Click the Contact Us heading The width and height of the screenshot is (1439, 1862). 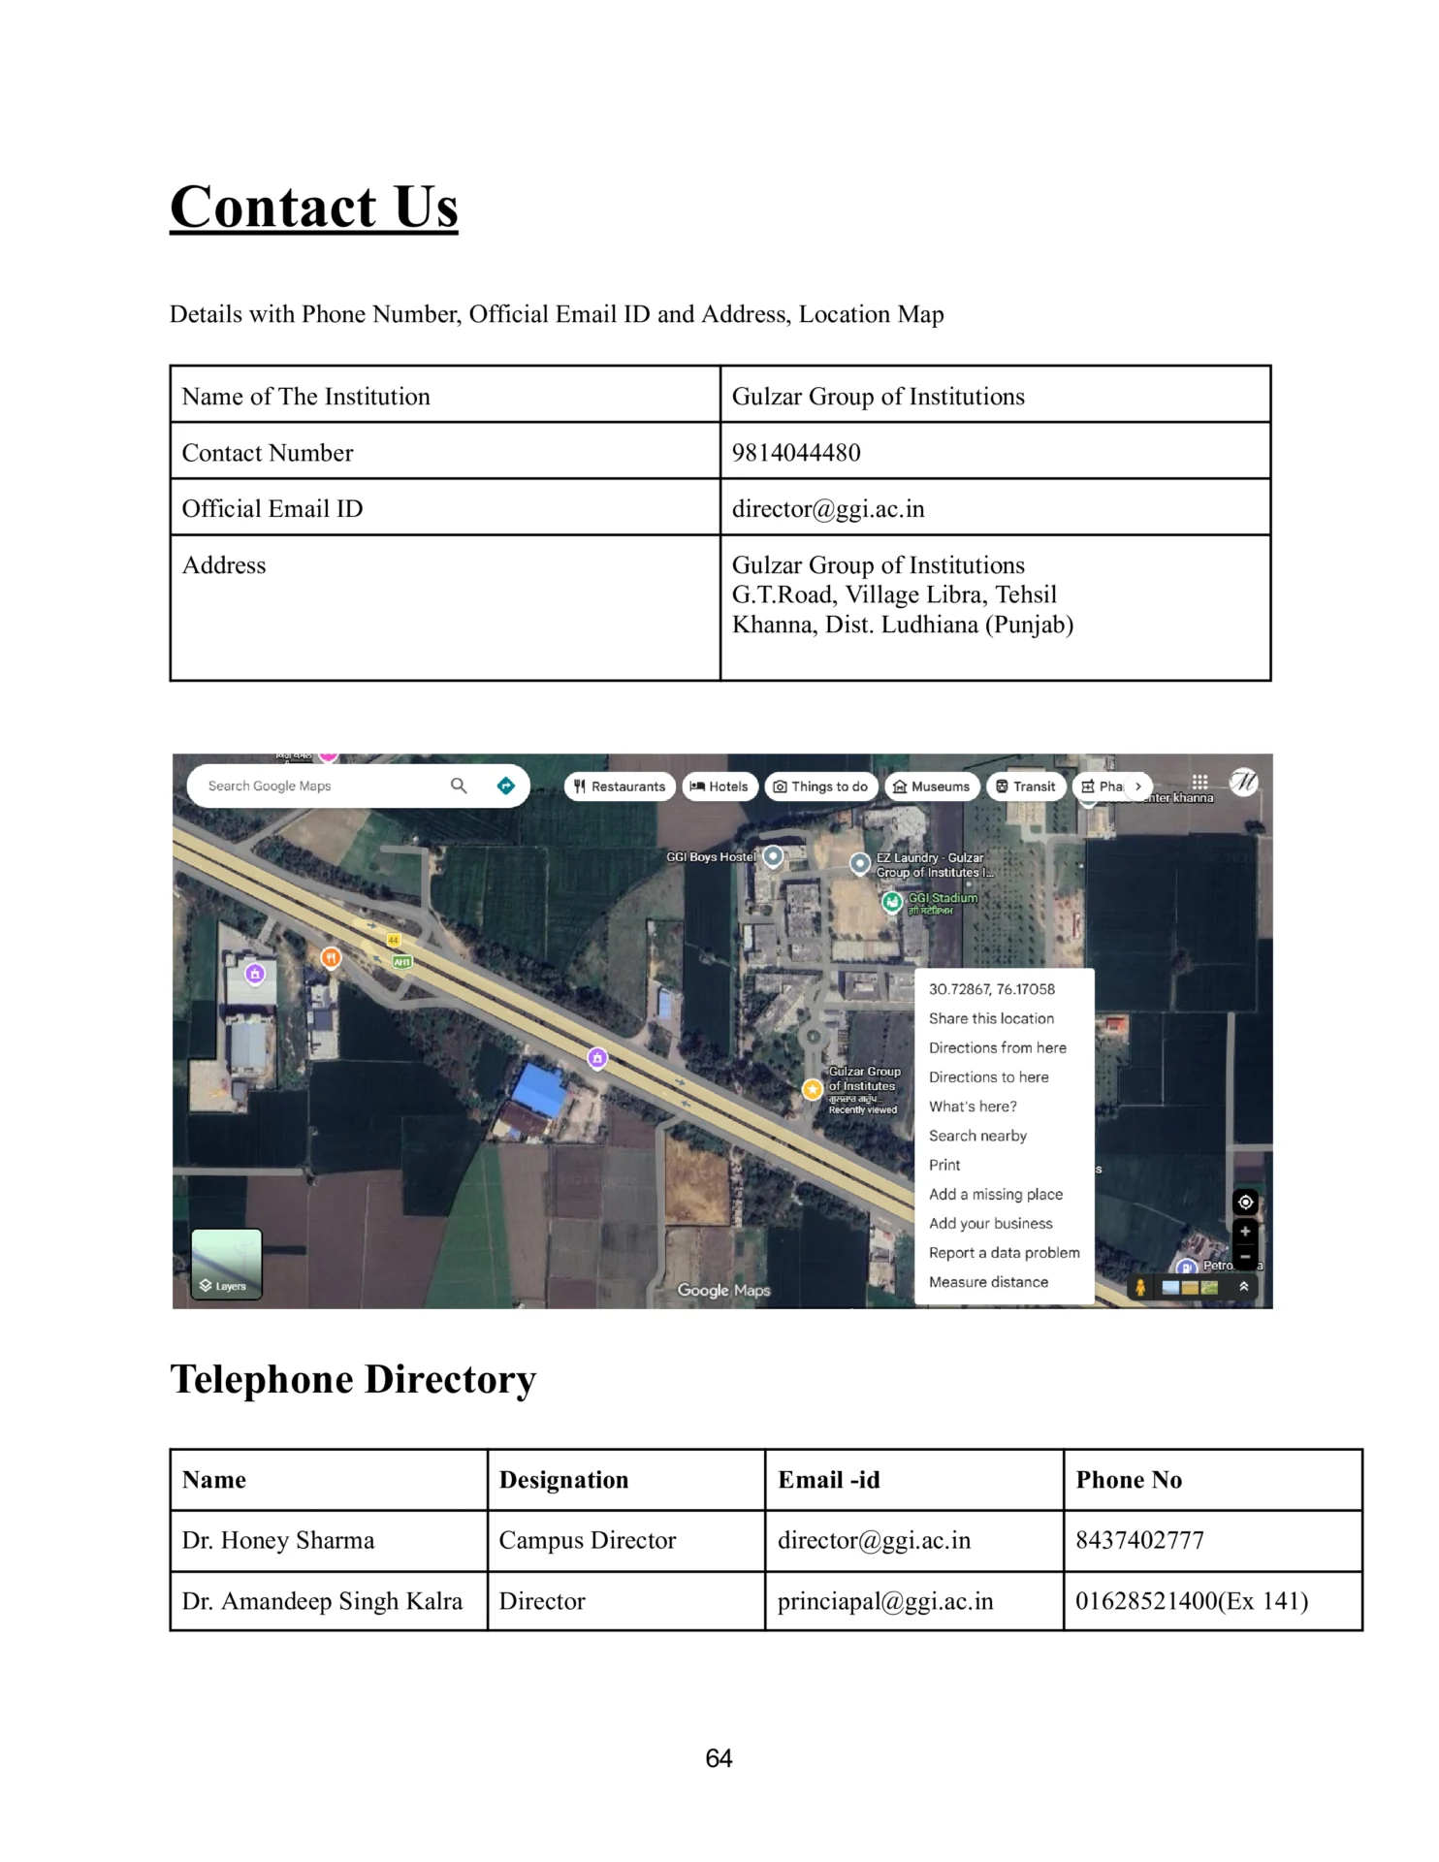(313, 207)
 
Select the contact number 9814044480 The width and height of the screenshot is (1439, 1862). (796, 453)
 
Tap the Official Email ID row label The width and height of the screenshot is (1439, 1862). (272, 509)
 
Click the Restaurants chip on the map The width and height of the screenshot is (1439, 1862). (620, 787)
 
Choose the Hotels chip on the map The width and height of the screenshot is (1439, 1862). (719, 787)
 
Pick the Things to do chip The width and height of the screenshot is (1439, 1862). (820, 787)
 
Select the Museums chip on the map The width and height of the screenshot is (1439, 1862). (931, 787)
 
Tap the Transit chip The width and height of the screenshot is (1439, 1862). (1026, 787)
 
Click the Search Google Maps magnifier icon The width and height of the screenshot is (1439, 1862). (459, 786)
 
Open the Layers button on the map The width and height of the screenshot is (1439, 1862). (226, 1264)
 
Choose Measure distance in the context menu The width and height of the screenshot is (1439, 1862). (988, 1282)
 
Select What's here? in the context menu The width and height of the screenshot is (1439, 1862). (973, 1107)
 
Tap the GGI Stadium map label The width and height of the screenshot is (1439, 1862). (942, 899)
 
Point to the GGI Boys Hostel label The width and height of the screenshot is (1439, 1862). (711, 857)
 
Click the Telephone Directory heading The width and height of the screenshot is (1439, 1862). (353, 1380)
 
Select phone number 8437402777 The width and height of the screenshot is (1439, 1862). (1139, 1540)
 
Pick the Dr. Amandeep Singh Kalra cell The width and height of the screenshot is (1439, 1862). (322, 1601)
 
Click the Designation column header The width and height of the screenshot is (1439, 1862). (563, 1480)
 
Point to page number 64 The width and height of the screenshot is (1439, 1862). (719, 1758)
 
